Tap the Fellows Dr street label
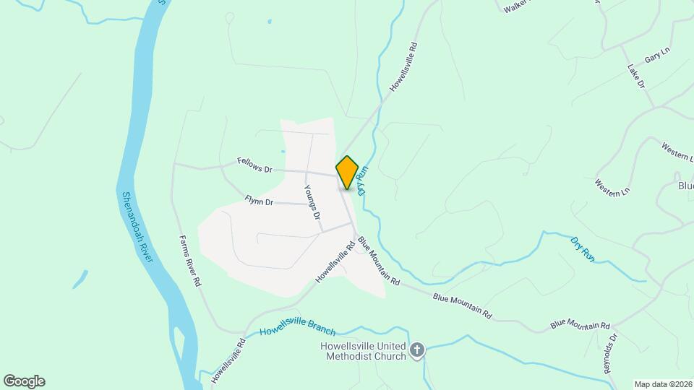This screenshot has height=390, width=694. pyautogui.click(x=254, y=166)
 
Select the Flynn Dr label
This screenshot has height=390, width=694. pyautogui.click(x=259, y=201)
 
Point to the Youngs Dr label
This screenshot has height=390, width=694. pyautogui.click(x=312, y=202)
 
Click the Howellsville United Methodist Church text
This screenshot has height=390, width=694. pyautogui.click(x=364, y=350)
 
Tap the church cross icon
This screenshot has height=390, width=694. pyautogui.click(x=416, y=351)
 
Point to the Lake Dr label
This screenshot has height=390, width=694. pyautogui.click(x=635, y=77)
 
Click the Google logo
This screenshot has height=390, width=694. pyautogui.click(x=24, y=381)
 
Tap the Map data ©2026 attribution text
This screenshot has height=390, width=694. pyautogui.click(x=662, y=384)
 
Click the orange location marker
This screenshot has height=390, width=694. pyautogui.click(x=348, y=172)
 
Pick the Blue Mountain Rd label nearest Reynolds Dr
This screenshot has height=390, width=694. pyautogui.click(x=581, y=324)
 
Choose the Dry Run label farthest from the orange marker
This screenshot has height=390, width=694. pyautogui.click(x=582, y=249)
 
